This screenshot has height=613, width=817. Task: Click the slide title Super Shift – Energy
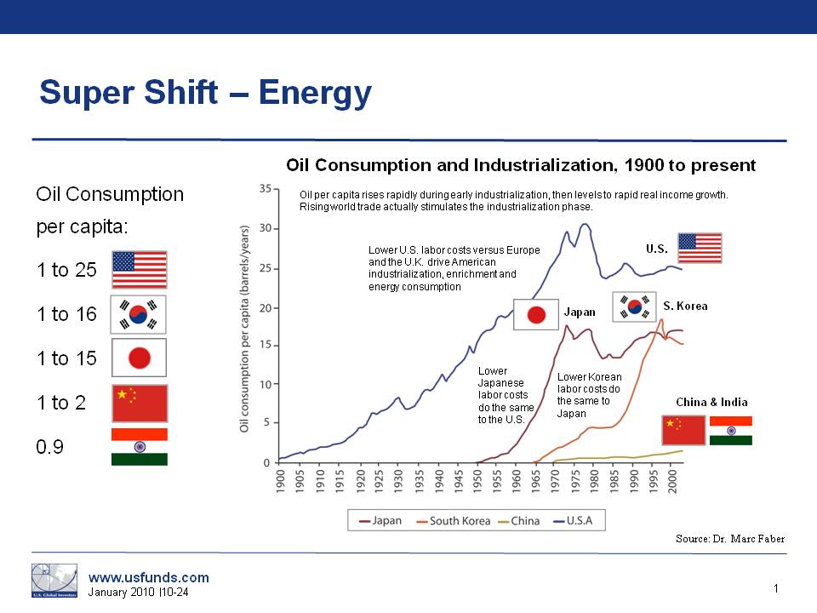tap(205, 92)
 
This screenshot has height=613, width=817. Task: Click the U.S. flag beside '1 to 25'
tap(140, 270)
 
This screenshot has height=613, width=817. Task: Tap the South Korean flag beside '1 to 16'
tap(139, 314)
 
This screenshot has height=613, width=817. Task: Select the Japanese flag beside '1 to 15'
tap(139, 358)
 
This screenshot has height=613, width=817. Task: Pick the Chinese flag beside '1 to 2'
tap(140, 403)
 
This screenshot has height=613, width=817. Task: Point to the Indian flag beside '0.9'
tap(140, 447)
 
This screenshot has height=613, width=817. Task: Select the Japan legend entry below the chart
tap(382, 520)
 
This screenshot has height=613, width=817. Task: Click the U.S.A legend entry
tap(578, 520)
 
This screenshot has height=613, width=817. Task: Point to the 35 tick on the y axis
tap(266, 189)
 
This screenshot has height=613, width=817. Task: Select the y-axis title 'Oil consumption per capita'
tap(244, 328)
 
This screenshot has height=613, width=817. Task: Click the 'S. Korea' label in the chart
tap(686, 306)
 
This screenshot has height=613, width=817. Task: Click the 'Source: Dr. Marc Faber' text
tap(729, 538)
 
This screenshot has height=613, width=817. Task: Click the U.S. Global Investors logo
tap(54, 580)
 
